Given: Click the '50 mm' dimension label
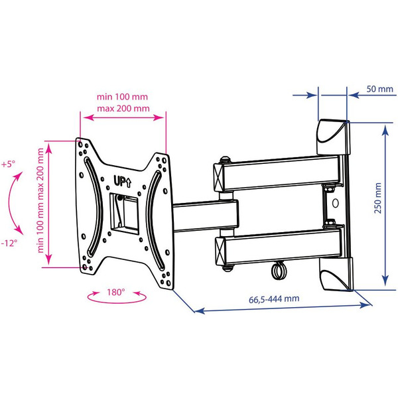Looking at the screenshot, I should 379,89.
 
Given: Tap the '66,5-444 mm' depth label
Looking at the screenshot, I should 274,298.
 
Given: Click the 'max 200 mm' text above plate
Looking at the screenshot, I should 123,109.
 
